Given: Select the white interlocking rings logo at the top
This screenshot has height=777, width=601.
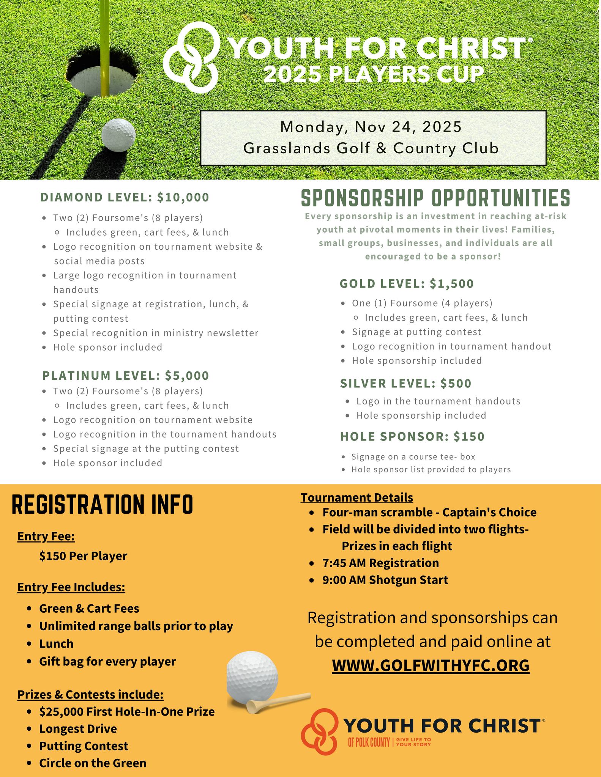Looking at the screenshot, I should tap(192, 57).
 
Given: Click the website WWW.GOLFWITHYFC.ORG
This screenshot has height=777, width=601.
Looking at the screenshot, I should tap(431, 665).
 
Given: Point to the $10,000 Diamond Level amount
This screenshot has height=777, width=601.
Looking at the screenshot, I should tap(183, 197).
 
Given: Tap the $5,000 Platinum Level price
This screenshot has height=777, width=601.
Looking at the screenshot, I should tap(187, 376).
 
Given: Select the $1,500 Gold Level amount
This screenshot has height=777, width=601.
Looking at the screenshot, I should tap(452, 284).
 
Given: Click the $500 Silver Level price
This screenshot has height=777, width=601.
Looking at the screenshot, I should tap(456, 384).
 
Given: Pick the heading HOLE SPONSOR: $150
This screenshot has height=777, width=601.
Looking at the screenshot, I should tap(412, 437).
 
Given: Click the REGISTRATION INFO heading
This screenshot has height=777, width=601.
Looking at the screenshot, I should tap(103, 505).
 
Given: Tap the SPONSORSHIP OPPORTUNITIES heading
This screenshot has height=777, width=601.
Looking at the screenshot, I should tap(435, 198).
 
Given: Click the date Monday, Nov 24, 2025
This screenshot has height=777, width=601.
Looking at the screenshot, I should tap(371, 127).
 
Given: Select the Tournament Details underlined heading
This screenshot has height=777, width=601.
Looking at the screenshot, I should tap(356, 497).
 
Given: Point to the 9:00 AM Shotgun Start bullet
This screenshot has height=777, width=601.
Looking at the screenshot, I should tap(385, 580).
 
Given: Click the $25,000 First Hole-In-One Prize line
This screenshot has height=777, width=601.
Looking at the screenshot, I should tap(127, 711).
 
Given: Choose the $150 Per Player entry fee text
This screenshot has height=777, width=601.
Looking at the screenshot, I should tap(83, 556).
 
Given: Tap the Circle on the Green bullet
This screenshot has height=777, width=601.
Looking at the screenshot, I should tap(93, 763).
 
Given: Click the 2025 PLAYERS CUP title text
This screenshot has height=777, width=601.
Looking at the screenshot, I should tap(374, 74).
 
